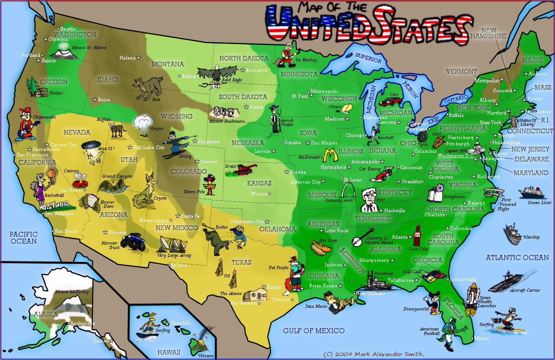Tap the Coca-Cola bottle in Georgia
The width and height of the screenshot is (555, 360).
point(416,236)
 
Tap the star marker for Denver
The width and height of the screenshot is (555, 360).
point(197,161)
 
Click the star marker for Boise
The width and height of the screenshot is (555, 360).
point(95,100)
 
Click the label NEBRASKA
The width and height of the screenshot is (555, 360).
point(247,143)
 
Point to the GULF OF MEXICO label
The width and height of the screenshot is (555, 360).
point(313,330)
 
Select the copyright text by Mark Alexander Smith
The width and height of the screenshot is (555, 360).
point(373,354)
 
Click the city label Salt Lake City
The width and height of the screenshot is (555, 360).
point(149,147)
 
